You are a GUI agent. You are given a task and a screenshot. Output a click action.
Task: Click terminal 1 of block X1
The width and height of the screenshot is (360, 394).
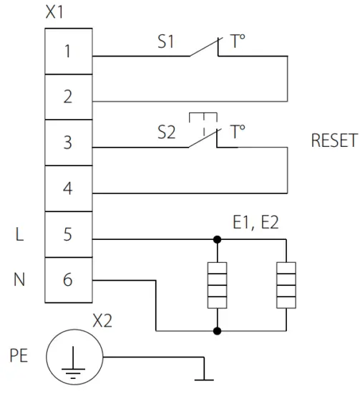[68, 52]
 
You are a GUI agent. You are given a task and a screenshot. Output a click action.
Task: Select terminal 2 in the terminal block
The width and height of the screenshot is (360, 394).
[68, 97]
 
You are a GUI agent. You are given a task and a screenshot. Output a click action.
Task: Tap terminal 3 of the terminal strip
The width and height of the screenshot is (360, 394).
[68, 143]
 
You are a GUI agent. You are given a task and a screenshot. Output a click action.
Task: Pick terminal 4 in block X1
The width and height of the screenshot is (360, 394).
[68, 189]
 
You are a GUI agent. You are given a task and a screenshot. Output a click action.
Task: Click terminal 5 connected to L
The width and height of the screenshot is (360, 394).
[68, 235]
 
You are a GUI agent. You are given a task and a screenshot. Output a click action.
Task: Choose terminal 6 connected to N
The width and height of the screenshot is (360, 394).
[68, 280]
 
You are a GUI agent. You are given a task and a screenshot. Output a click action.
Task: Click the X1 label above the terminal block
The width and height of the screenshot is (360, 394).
[54, 13]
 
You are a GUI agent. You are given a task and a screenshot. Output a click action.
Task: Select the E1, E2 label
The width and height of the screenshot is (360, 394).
[256, 224]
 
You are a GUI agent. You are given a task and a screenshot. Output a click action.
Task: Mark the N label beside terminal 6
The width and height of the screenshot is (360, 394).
[19, 280]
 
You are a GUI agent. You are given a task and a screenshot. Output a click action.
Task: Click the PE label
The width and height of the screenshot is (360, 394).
[19, 355]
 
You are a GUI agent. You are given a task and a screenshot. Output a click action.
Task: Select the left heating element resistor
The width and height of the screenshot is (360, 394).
[216, 284]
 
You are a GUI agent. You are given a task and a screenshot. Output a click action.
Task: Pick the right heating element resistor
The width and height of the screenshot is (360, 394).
[286, 284]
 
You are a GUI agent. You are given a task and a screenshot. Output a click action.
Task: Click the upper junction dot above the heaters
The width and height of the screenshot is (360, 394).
[216, 239]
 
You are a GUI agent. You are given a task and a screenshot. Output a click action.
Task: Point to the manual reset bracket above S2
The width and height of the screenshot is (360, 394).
[204, 117]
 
